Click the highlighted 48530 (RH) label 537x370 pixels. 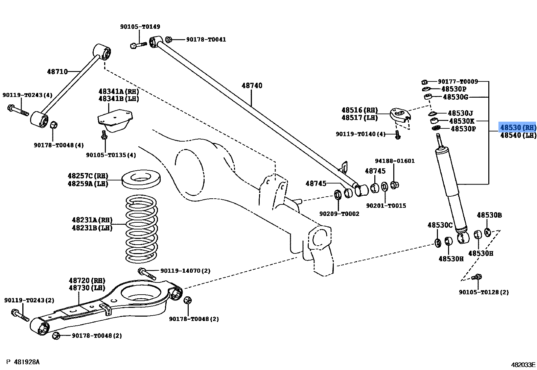coord(518,127)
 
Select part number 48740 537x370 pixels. coord(252,85)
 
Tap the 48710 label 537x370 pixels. coord(57,71)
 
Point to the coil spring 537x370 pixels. coord(141,229)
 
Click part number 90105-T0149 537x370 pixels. coord(140,27)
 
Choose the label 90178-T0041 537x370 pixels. coord(206,40)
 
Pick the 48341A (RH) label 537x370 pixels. coord(119,91)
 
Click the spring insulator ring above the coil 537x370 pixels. coord(141,179)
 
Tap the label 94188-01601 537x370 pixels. coord(395,161)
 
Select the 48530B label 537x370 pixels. coord(489,215)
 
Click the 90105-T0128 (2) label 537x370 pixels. coord(484,292)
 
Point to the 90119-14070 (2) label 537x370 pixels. coord(185,271)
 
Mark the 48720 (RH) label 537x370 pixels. coord(87,280)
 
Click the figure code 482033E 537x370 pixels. coord(523,365)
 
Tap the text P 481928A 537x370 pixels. coord(23,362)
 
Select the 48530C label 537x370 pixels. coord(440,225)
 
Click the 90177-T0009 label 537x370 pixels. coord(458,82)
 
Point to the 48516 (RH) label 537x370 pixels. coord(359,110)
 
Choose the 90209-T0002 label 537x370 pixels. coord(339,214)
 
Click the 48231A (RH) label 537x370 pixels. coord(92,220)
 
